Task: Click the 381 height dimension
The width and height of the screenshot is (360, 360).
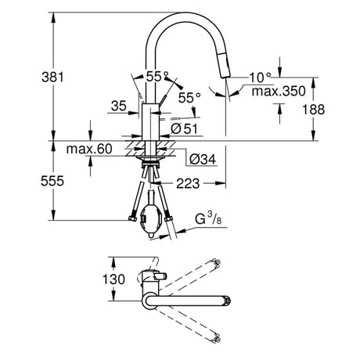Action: click(52, 77)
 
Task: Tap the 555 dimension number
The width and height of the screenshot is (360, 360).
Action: click(52, 181)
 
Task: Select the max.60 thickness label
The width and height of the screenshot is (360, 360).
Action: click(89, 149)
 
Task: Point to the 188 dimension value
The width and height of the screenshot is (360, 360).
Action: click(313, 110)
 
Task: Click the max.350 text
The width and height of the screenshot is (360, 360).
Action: click(279, 91)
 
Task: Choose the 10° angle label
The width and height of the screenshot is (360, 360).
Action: click(260, 77)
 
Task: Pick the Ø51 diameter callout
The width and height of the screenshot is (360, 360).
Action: click(185, 128)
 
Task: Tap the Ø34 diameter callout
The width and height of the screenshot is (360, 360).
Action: click(203, 159)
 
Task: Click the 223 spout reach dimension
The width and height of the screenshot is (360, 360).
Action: click(188, 183)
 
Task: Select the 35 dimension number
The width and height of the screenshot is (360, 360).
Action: click(119, 106)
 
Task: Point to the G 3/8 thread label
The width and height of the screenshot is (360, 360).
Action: click(208, 218)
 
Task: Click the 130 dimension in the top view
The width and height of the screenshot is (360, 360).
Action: click(113, 279)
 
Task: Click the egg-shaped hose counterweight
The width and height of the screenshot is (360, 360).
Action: click(152, 220)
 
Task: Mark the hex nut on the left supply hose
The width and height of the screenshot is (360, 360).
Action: click(132, 218)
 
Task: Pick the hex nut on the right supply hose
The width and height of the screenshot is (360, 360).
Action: click(169, 218)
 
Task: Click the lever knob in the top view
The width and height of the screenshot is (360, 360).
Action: click(160, 275)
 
